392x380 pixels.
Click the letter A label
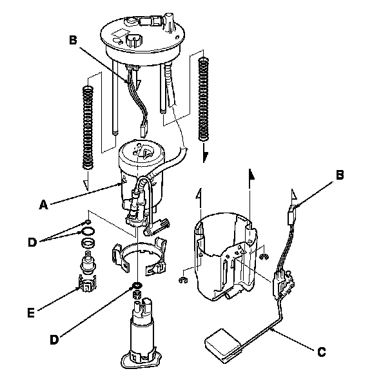point(43,205)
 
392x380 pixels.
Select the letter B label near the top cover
point(73,40)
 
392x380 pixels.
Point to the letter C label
point(320,352)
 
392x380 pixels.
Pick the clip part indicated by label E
point(86,284)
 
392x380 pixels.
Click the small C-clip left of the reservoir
point(184,280)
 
